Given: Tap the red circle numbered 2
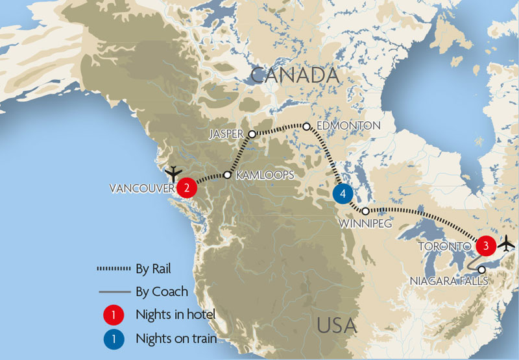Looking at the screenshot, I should (x=187, y=188).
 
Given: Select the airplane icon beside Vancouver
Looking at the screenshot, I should (x=173, y=173).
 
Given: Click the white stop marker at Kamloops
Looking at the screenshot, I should (x=228, y=174).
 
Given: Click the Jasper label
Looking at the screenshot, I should (x=226, y=134).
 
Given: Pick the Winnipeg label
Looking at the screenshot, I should (x=366, y=224).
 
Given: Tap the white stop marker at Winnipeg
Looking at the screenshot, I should (x=366, y=211).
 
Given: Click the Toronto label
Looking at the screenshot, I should (x=444, y=246).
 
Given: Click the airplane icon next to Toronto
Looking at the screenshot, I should (x=507, y=245).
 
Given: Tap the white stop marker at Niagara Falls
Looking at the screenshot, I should (x=481, y=269).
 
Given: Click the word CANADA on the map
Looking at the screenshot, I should (x=295, y=75).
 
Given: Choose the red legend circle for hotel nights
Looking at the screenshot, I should (x=114, y=315).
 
